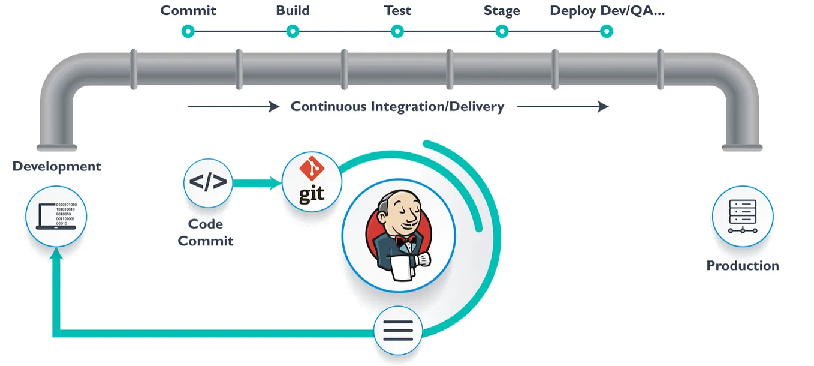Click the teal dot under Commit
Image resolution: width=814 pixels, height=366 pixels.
188,31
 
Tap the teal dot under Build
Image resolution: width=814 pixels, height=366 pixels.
293,31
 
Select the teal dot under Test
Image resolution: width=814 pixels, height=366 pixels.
397,31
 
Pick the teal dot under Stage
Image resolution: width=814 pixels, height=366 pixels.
502,31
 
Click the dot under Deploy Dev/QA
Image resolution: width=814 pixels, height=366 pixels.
607,31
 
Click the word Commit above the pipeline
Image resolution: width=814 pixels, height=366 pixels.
188,11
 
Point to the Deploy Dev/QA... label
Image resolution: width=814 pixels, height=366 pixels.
607,11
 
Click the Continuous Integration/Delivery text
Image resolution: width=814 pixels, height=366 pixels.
397,107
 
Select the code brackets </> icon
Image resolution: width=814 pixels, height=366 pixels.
208,182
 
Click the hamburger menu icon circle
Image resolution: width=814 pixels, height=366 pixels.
398,330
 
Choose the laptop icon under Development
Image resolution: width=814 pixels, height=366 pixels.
56,216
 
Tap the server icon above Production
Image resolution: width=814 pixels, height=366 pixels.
743,216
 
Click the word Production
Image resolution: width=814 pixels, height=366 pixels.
743,266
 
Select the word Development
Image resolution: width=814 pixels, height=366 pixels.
57,166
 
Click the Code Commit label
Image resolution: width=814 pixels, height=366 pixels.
206,232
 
